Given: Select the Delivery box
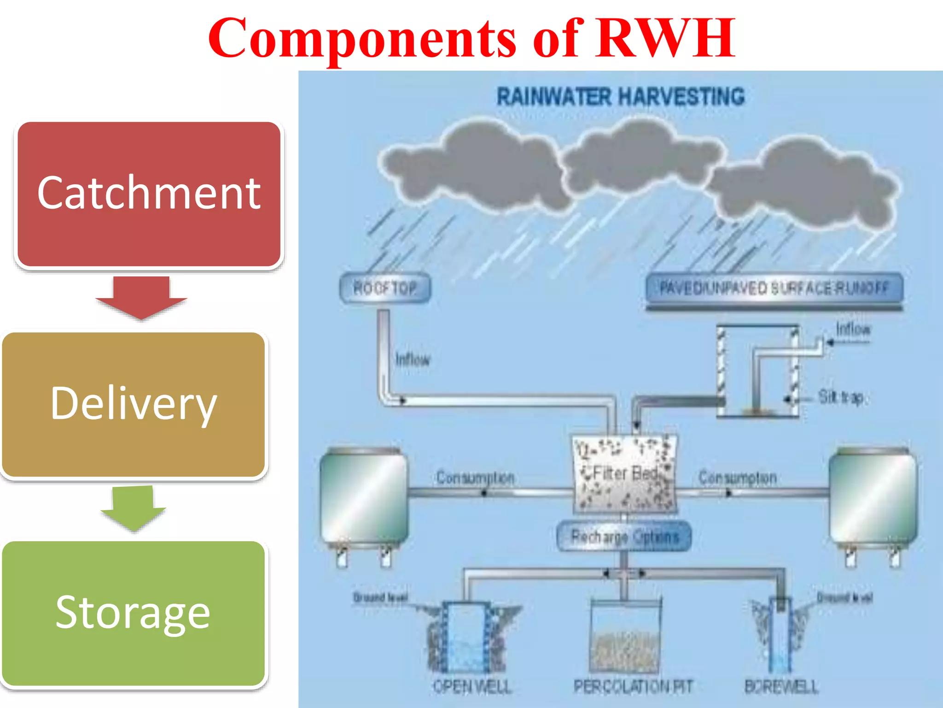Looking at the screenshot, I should coord(134,404).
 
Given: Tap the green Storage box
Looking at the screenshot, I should coord(134,613).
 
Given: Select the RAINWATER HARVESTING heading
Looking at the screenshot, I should coord(620,97).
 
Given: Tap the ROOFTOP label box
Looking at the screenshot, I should coord(385,289).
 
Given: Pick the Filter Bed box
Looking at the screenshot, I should coord(625,474).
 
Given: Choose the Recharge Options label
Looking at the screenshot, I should coord(624,537).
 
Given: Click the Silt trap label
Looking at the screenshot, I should coord(841,397).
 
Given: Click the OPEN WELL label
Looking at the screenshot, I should coord(472,687).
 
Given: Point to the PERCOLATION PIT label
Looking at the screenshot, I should coord(633,687).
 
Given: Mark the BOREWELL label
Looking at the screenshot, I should coord(781,687).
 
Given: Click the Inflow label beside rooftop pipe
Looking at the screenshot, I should coord(413,359).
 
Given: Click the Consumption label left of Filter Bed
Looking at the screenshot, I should coord(475,478).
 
